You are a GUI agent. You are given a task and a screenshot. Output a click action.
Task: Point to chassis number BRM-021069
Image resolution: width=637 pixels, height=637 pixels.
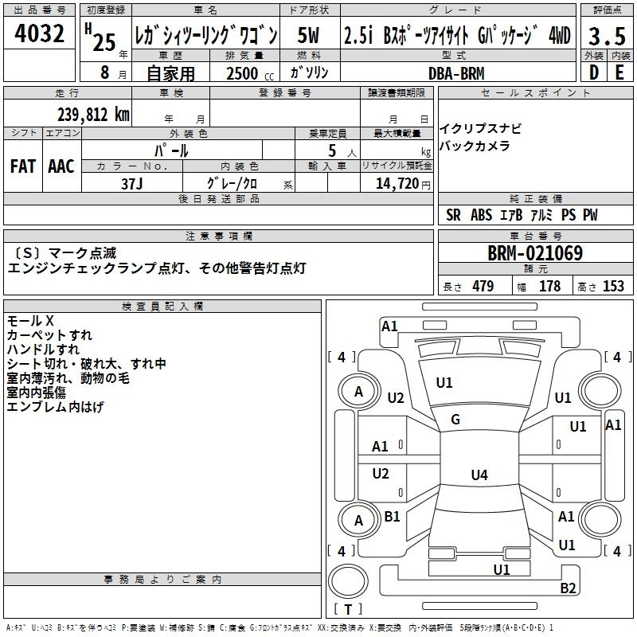tap(535, 254)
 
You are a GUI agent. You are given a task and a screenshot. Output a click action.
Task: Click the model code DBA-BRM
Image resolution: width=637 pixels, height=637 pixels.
tap(456, 72)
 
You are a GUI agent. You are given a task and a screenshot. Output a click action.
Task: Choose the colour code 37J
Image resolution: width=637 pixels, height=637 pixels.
tap(132, 183)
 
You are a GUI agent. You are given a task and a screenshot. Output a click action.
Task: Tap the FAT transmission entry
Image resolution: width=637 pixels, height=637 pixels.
tap(24, 166)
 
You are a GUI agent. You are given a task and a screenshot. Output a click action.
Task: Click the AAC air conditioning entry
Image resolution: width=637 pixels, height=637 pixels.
tap(61, 166)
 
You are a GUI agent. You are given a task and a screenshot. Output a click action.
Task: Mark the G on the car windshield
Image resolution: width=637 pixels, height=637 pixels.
tap(455, 420)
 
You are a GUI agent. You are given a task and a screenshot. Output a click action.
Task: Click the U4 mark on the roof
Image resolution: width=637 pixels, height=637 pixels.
tap(479, 475)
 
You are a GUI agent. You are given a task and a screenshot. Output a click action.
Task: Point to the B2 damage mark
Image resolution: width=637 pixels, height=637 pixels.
tap(568, 588)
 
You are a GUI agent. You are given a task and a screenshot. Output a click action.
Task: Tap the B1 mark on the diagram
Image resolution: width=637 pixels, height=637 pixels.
tap(393, 517)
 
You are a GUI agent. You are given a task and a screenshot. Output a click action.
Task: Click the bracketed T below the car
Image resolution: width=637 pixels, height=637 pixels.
tap(348, 611)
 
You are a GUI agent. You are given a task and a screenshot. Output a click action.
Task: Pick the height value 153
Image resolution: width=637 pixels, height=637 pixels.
tap(613, 287)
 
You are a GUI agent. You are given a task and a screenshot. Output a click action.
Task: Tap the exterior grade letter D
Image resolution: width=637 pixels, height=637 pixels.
tap(593, 73)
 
